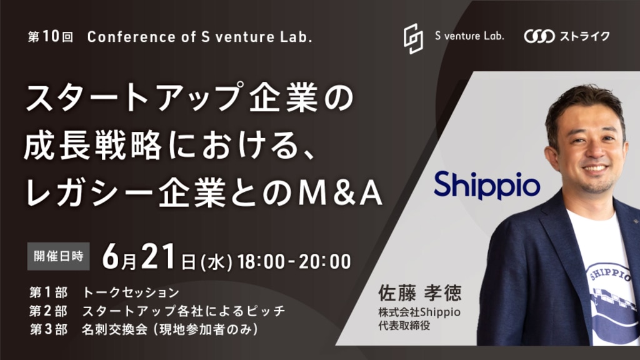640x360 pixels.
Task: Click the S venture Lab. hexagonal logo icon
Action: [413, 38]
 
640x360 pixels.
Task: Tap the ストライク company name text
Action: [584, 36]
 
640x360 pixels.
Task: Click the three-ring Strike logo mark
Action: [539, 36]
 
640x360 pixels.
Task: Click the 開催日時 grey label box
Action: [58, 256]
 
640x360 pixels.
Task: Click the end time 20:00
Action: [324, 262]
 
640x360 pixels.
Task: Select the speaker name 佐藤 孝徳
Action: [419, 292]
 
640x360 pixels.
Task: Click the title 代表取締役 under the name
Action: [404, 326]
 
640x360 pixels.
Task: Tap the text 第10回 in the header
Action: [51, 37]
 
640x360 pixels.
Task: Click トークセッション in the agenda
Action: [131, 292]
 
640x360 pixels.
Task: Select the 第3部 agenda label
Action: [48, 329]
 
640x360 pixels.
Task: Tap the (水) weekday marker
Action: [217, 262]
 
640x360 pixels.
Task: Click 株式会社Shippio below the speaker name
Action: [419, 312]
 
